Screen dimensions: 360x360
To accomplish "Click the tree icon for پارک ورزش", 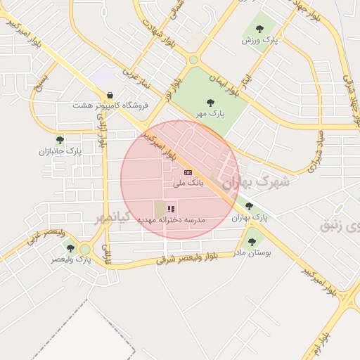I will pos(259,29).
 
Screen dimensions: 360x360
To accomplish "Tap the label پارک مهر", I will pos(210,114).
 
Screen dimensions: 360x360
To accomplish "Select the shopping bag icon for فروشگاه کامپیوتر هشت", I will pos(110,95).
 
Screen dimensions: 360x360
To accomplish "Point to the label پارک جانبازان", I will pos(60,150).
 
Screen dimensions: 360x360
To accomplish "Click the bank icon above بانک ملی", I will pos(188,172).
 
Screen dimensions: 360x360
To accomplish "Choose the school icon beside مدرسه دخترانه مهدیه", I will pos(171,209).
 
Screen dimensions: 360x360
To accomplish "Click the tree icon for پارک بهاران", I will pos(249,207).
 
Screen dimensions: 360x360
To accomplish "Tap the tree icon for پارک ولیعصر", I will pos(70,248).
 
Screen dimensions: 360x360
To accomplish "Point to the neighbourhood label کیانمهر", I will pos(113,217).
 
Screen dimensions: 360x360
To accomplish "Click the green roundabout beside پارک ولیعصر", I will pos(85,249).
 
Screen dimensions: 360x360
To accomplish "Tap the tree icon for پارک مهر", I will pos(210,103).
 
